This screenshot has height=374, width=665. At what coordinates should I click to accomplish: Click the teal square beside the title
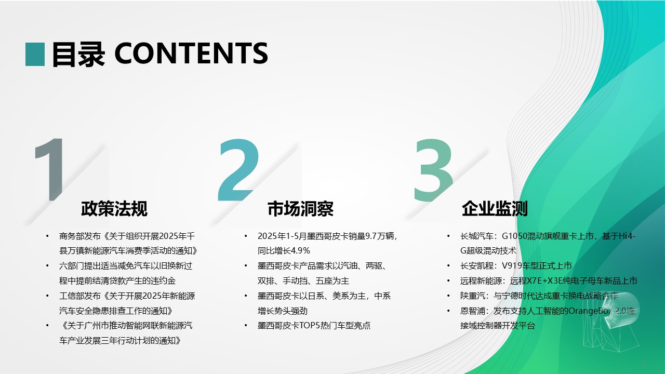[35, 55]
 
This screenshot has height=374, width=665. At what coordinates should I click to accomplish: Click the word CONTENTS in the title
[191, 54]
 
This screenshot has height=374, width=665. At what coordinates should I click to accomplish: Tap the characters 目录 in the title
[78, 55]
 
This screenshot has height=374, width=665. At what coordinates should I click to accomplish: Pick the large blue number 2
[238, 170]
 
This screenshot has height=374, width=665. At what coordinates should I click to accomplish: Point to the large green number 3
[433, 170]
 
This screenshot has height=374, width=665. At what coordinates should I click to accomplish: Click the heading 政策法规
[114, 209]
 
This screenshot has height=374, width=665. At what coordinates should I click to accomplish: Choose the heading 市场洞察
[300, 209]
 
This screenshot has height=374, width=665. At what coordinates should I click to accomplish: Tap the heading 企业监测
[495, 209]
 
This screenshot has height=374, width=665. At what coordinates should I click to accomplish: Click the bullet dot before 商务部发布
[47, 236]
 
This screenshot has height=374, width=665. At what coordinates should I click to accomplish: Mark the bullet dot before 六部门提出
[47, 266]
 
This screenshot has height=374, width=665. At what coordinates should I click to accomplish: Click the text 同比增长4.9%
[284, 251]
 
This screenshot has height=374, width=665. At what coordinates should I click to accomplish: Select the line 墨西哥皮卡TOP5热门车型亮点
[314, 326]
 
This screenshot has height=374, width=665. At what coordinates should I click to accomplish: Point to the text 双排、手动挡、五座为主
[303, 281]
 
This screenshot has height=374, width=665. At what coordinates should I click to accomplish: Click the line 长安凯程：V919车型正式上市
[516, 265]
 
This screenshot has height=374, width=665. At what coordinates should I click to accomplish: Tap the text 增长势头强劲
[282, 311]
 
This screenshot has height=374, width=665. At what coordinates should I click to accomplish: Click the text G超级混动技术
[488, 251]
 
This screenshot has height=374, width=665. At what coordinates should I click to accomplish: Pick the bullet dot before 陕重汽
[448, 296]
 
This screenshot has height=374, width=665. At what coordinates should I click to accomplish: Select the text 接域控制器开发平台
[498, 326]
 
